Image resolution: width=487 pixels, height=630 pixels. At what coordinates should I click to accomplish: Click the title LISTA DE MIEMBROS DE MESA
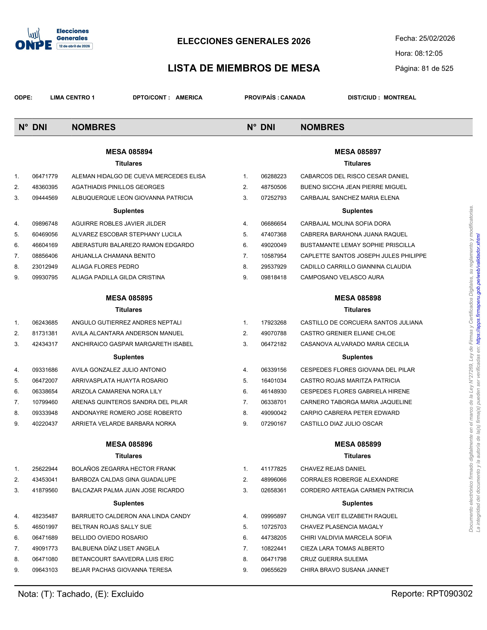tap(244, 68)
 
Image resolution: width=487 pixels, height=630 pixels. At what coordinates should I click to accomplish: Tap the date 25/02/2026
tap(437, 38)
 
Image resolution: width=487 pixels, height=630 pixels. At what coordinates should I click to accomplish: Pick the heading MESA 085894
tap(129, 152)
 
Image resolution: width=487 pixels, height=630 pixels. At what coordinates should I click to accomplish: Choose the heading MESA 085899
tap(358, 444)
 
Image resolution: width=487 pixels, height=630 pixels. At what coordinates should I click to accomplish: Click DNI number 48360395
tap(45, 187)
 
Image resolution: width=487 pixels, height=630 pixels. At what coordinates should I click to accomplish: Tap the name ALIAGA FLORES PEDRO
tap(105, 267)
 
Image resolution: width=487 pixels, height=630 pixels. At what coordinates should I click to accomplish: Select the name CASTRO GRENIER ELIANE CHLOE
tap(348, 333)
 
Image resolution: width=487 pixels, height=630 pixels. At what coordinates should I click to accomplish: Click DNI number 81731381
tap(45, 333)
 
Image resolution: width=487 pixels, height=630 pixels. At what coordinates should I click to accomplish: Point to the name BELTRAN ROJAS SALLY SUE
tap(112, 527)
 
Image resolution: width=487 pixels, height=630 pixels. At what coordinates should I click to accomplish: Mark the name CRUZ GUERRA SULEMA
tap(334, 559)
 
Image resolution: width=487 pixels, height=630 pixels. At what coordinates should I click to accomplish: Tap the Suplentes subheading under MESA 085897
tap(357, 211)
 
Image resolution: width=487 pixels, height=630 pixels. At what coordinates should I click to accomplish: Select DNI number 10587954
tap(273, 256)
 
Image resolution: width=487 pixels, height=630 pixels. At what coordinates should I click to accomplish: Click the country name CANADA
tap(293, 98)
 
